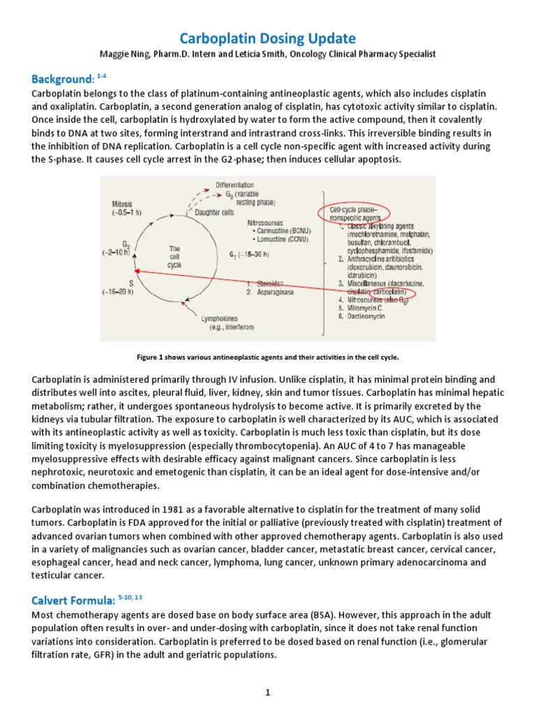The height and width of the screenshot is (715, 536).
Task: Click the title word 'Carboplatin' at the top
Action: [x=221, y=38]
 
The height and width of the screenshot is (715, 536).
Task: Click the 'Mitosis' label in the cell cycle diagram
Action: [x=125, y=205]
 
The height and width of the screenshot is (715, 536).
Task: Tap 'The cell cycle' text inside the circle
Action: [x=174, y=256]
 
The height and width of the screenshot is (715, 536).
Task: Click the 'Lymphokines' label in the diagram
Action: [x=221, y=318]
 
